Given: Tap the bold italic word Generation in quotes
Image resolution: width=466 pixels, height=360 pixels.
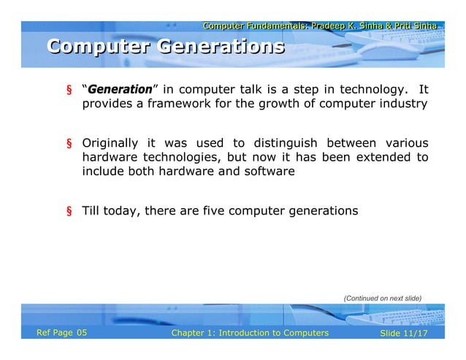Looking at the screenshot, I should (x=119, y=91).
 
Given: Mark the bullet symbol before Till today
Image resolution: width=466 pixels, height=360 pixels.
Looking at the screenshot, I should (x=69, y=212).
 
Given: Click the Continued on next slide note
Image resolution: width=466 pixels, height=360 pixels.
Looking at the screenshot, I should (x=383, y=297).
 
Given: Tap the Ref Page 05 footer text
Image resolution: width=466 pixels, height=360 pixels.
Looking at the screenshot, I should (x=62, y=333).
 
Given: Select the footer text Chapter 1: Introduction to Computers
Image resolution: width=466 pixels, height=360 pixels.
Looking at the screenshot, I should (x=249, y=333).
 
